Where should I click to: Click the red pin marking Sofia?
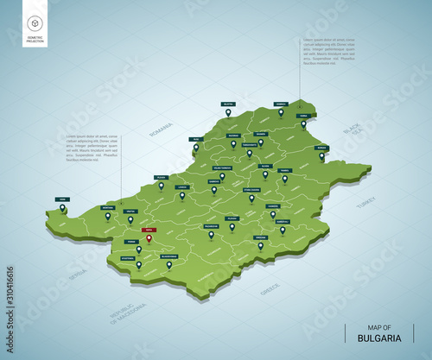tap(149, 238)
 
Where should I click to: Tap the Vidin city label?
tap(62, 199)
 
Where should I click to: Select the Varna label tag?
tap(303, 116)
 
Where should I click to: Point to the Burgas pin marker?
tap(322, 156)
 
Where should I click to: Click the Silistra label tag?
tap(229, 103)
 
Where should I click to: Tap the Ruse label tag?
tap(196, 138)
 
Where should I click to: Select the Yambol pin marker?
tap(283, 230)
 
